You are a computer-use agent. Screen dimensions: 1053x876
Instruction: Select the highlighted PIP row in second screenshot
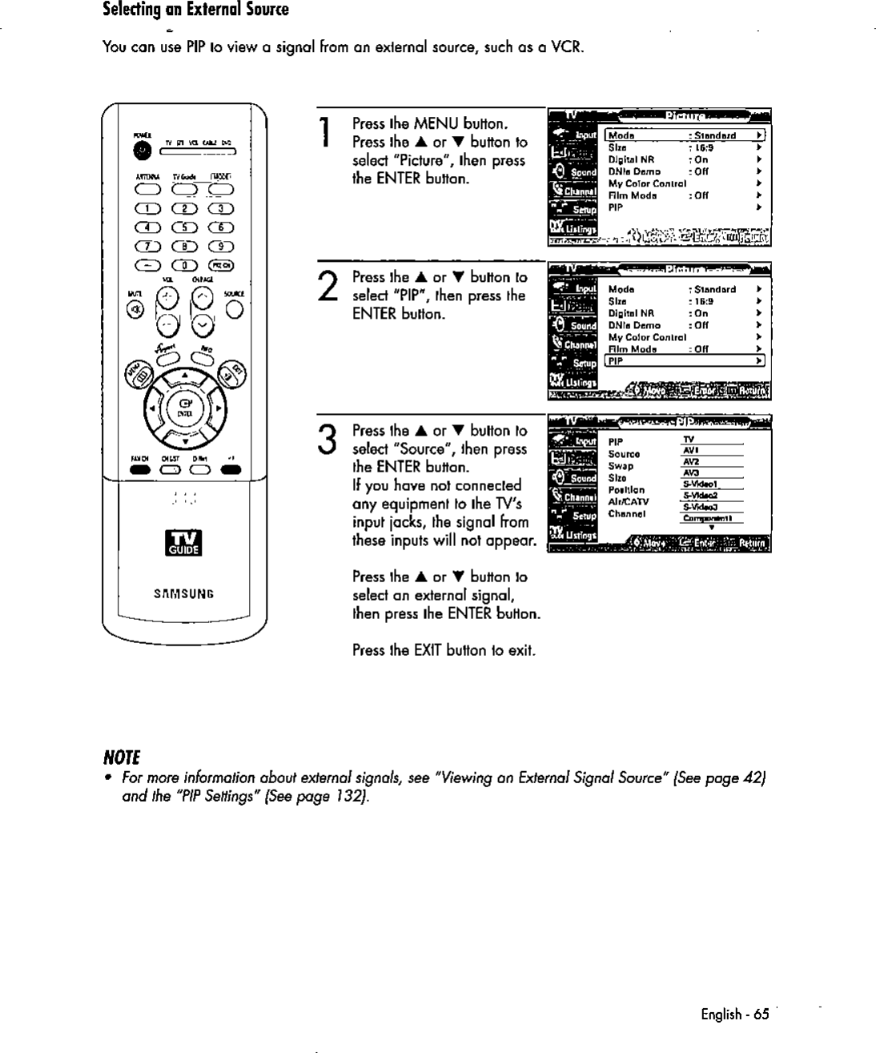(685, 361)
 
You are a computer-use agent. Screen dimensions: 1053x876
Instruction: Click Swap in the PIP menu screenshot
(621, 466)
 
